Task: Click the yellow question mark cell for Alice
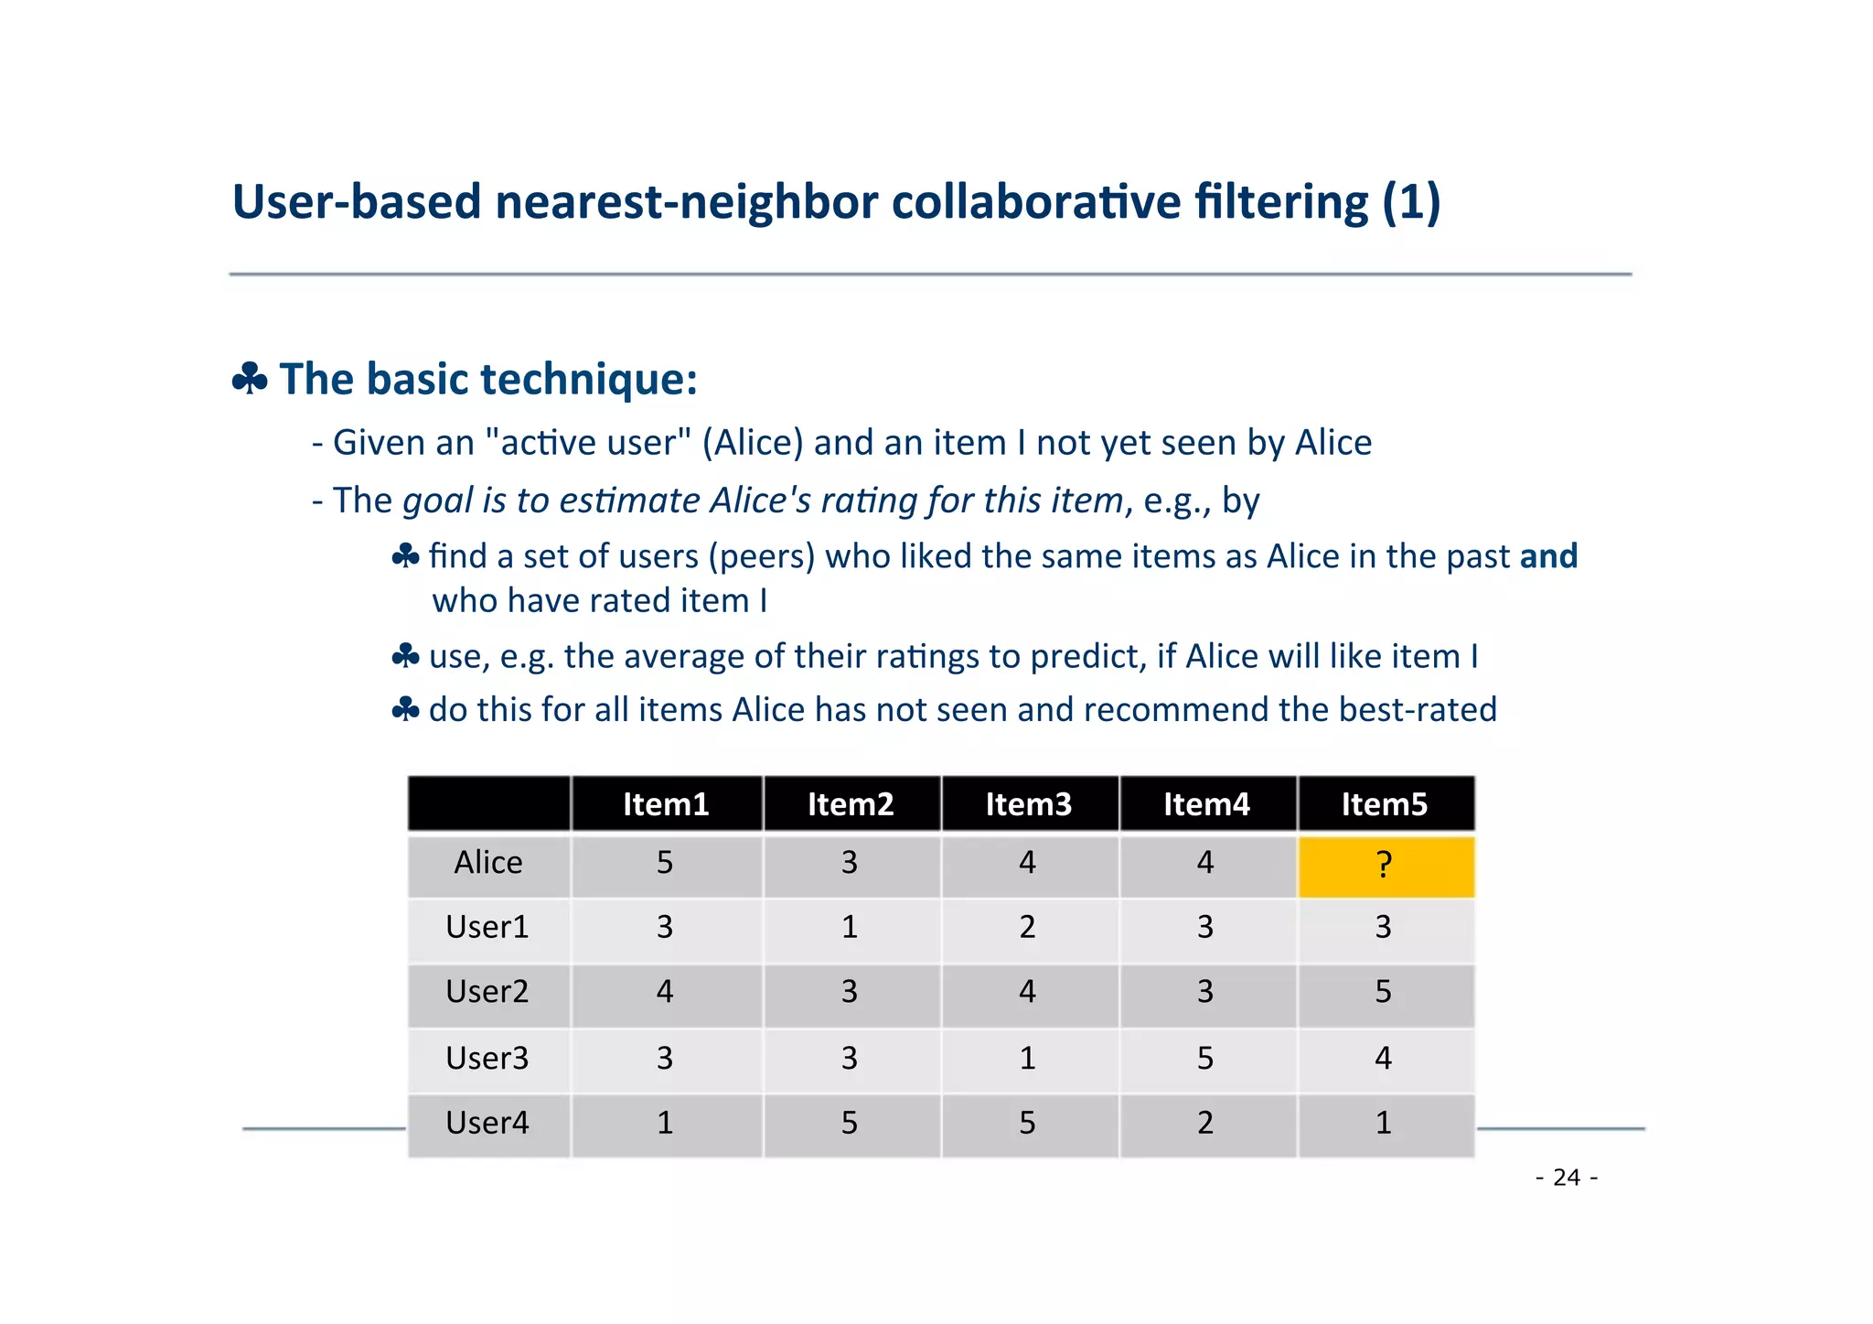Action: [1385, 865]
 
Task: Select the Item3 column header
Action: [1028, 804]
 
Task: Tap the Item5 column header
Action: [1384, 804]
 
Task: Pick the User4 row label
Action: [487, 1123]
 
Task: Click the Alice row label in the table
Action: [488, 863]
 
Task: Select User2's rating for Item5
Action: [1383, 992]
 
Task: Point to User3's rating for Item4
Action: [1205, 1059]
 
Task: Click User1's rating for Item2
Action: [850, 928]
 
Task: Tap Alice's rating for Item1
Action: [665, 863]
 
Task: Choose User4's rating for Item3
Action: [1028, 1123]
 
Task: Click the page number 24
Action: [1567, 1178]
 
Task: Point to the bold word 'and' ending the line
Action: [1548, 556]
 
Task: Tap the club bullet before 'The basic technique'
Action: [250, 378]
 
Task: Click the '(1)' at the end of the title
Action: [1411, 202]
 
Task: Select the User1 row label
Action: [487, 928]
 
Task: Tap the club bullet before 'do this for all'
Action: [405, 709]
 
